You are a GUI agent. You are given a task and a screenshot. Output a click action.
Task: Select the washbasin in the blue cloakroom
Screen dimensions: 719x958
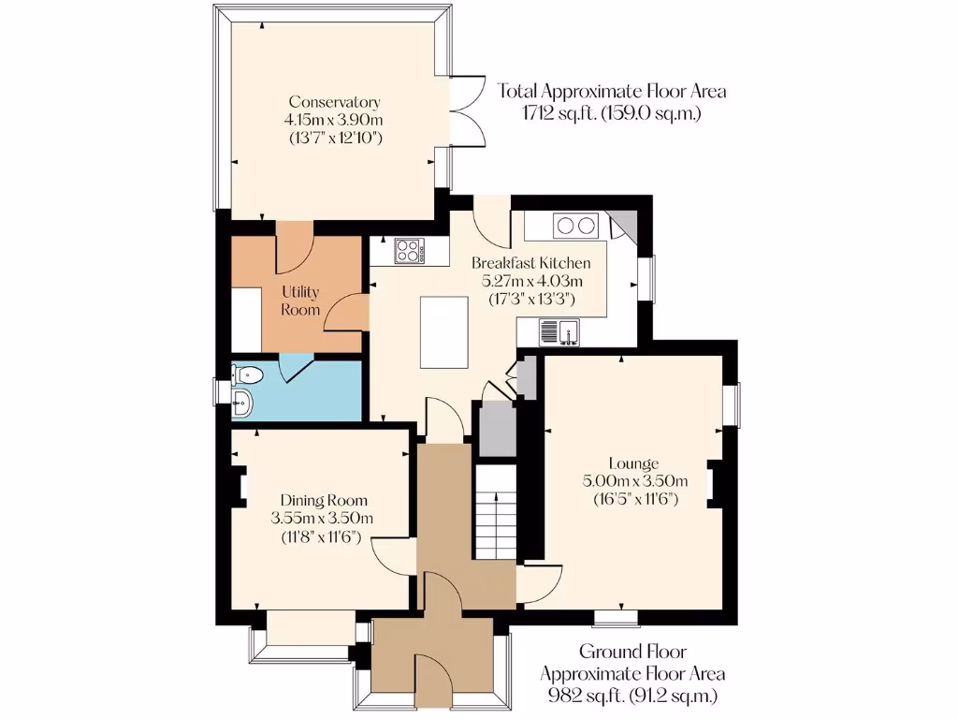tap(242, 404)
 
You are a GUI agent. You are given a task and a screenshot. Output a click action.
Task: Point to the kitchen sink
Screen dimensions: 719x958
tap(560, 330)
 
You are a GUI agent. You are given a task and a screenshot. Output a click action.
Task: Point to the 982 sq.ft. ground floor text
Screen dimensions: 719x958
tap(632, 695)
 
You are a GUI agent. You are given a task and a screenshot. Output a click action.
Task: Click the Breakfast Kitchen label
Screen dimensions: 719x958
tap(530, 263)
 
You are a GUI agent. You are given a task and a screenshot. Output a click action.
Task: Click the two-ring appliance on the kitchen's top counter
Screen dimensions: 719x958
tap(575, 226)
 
